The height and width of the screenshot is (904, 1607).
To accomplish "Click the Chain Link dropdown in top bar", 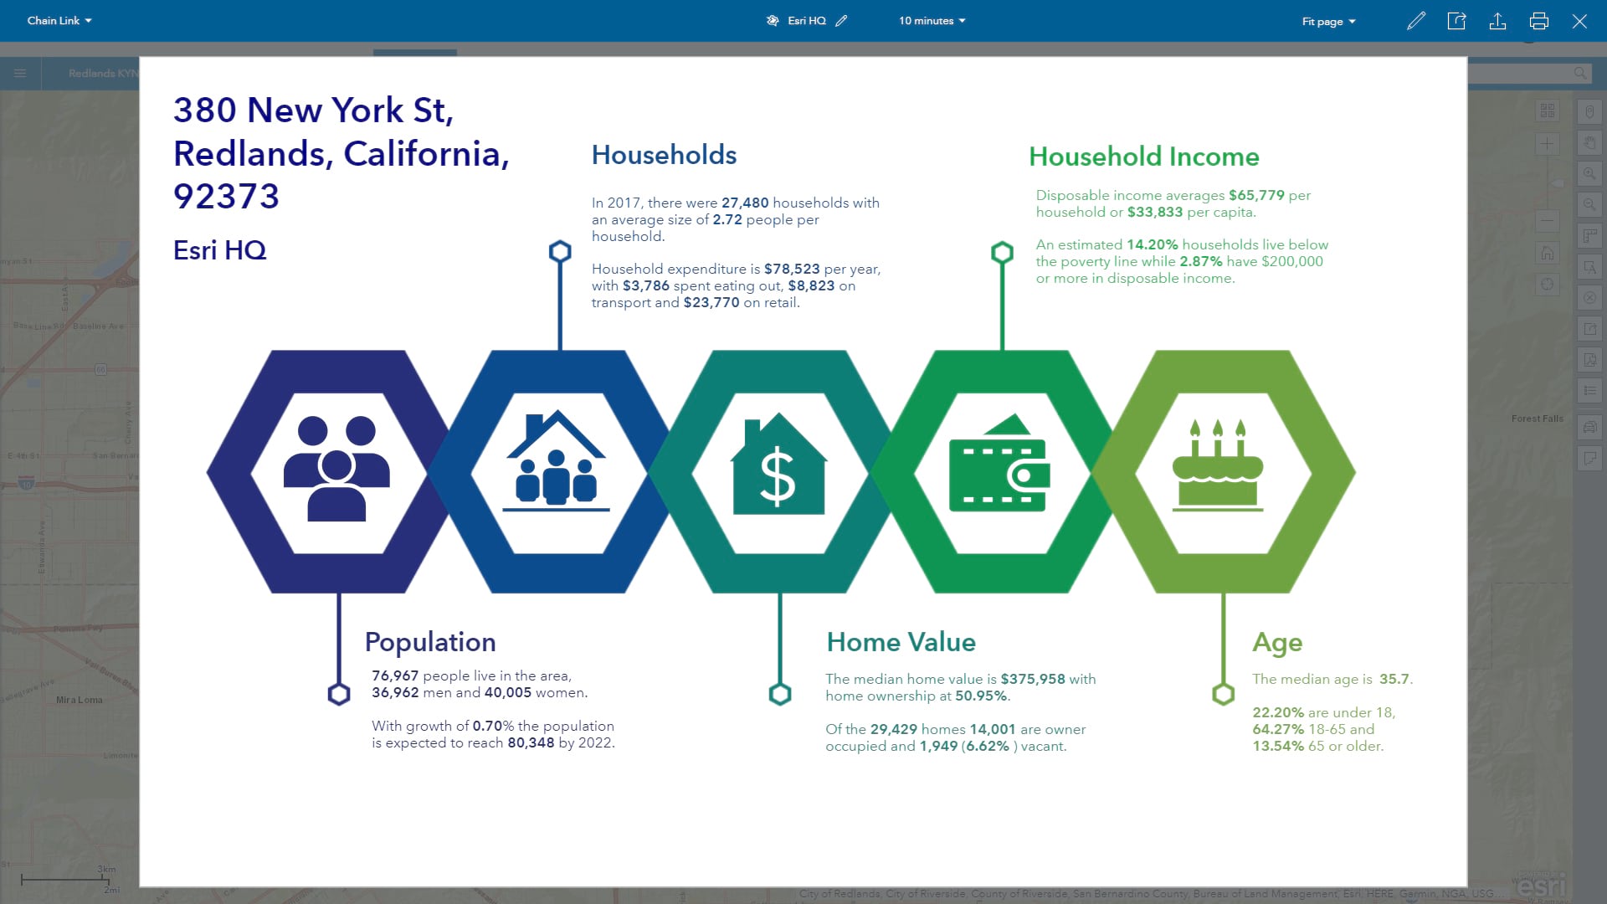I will point(59,21).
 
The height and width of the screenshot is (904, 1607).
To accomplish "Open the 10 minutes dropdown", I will point(932,21).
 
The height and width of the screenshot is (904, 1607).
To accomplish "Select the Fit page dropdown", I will point(1328,22).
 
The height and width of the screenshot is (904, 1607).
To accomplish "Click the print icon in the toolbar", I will point(1538,21).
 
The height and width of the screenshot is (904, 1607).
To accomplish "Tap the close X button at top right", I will point(1579,21).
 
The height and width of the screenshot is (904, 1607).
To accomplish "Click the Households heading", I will point(664,155).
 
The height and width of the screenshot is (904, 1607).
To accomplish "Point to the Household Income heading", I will point(1143,157).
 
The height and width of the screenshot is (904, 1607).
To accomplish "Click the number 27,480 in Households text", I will point(744,203).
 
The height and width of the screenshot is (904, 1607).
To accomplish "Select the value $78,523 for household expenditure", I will point(791,269).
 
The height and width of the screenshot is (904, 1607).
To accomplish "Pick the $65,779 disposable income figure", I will point(1255,195).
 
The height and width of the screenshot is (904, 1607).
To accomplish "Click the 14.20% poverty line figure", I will point(1152,244).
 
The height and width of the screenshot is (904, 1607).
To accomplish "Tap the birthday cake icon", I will point(1217,466).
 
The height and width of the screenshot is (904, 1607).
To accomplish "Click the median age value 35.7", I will point(1394,679).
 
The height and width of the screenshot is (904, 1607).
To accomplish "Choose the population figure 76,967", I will point(395,675).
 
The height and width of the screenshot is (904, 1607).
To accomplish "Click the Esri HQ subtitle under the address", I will point(219,250).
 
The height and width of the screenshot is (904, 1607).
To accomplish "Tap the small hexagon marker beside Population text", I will point(339,694).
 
